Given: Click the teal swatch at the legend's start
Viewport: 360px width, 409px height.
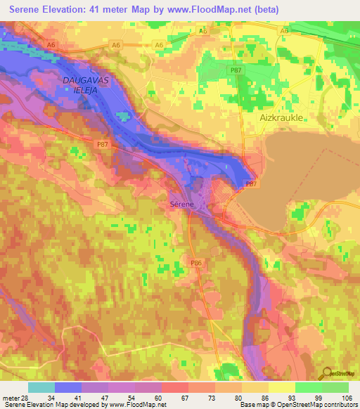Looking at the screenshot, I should pos(41,387).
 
